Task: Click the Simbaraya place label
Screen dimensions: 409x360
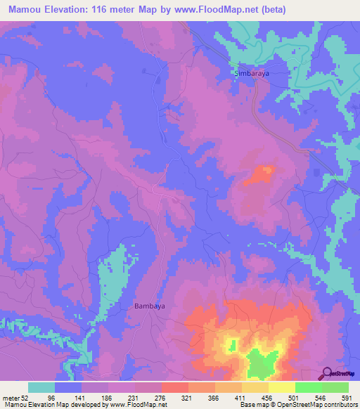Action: tap(251, 72)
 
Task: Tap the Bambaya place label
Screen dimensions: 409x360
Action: tap(149, 306)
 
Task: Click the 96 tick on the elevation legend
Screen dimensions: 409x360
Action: tap(70, 398)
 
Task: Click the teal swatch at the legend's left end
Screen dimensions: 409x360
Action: tap(41, 387)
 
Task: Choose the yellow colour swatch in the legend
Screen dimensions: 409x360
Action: tap(281, 387)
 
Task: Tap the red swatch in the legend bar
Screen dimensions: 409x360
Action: tap(174, 387)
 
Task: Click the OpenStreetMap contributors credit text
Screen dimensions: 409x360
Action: tap(319, 405)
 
